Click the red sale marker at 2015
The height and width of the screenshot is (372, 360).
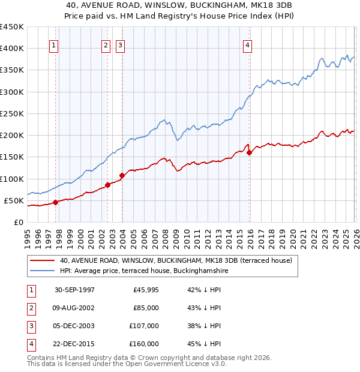click(x=250, y=152)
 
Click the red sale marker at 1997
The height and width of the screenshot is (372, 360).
click(x=56, y=202)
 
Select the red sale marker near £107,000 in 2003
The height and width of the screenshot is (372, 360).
click(x=122, y=175)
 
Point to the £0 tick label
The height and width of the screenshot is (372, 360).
click(x=18, y=222)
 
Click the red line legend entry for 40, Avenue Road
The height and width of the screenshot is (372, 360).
click(x=175, y=260)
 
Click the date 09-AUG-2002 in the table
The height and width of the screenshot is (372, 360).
click(x=74, y=308)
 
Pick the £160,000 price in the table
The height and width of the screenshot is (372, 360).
click(x=144, y=344)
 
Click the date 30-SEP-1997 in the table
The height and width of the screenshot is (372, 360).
click(x=74, y=290)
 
